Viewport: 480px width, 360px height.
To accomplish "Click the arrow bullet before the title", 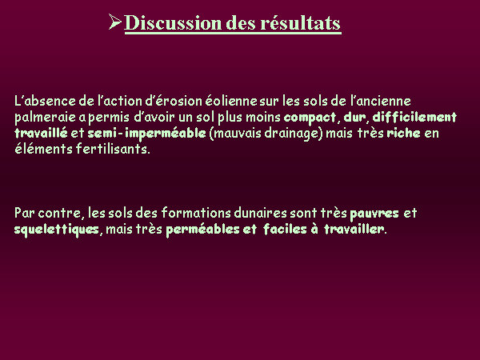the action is [x=114, y=22].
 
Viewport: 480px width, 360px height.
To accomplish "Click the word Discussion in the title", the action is [x=173, y=22].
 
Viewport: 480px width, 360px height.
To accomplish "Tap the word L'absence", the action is [x=45, y=101].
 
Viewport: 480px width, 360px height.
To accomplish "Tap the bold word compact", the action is [x=310, y=118].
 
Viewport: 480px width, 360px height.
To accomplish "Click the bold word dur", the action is [x=354, y=118].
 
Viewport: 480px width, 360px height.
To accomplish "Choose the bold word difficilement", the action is [x=414, y=118].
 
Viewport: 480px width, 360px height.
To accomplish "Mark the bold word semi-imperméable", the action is [x=147, y=134].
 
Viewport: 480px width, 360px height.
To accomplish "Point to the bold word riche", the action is [x=403, y=133].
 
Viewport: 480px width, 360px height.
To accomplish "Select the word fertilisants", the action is [x=113, y=149].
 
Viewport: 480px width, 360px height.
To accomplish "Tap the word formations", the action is [x=196, y=213].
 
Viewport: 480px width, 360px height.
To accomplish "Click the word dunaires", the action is [x=261, y=213].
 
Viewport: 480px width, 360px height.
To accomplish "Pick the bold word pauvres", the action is [x=374, y=214].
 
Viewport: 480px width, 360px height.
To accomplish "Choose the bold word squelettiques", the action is [x=57, y=230].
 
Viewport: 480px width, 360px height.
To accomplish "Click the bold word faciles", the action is [x=285, y=229].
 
